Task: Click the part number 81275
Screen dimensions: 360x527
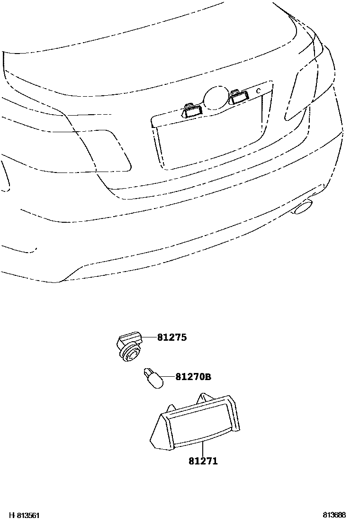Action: (172, 337)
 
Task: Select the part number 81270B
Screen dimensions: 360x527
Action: (193, 377)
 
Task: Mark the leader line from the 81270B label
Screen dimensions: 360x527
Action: (168, 378)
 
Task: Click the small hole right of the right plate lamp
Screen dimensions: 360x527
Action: (258, 90)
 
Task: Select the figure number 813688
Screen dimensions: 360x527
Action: (334, 515)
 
